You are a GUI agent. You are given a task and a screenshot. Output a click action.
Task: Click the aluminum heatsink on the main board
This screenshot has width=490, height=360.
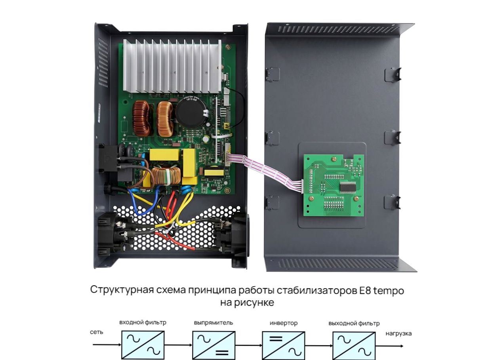pos(172,66)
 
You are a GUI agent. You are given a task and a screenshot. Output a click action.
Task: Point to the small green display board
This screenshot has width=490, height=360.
pos(334,185)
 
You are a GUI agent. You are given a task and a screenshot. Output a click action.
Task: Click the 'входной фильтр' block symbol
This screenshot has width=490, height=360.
pos(143,345)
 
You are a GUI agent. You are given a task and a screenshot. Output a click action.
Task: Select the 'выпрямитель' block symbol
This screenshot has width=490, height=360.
pos(214,345)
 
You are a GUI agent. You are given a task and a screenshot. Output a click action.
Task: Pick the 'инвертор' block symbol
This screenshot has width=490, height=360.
pos(284,346)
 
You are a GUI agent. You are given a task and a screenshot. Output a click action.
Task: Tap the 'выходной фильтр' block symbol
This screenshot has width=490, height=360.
pos(354,346)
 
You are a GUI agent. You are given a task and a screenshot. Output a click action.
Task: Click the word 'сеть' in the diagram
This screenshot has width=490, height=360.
pos(97,332)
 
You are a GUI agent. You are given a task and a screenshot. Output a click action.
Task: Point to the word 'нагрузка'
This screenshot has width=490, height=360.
pos(398,334)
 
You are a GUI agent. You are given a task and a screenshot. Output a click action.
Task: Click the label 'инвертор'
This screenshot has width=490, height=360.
pos(284,323)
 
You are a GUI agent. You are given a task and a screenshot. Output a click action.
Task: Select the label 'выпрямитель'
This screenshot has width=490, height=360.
pos(213,323)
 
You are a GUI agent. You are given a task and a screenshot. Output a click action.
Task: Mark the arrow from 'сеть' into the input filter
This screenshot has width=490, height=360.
pos(107,345)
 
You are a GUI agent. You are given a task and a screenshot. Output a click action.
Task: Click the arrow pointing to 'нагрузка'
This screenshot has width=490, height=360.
pos(389,346)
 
